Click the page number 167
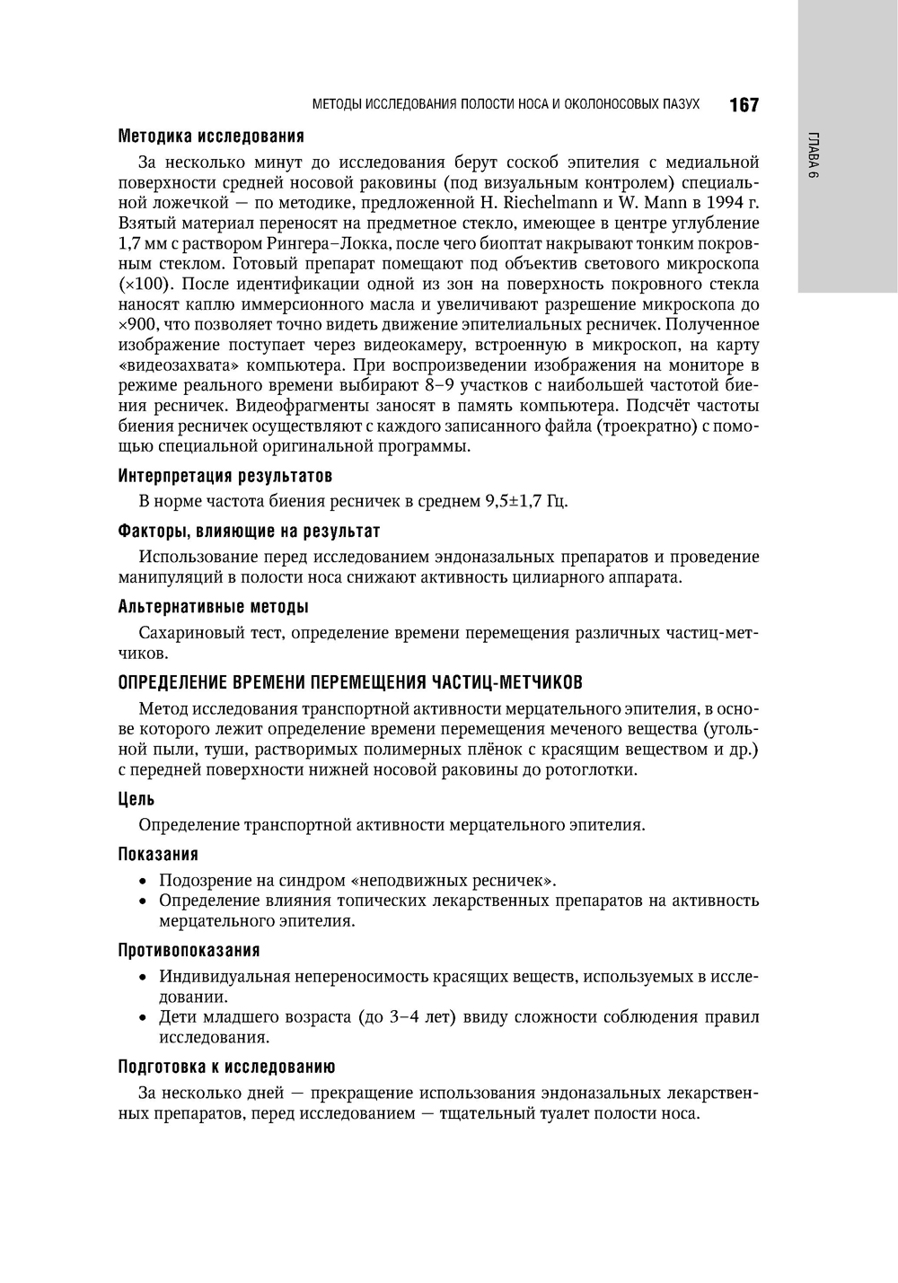(744, 105)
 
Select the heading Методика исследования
(211, 136)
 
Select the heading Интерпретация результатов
(225, 475)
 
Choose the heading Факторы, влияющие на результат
(249, 532)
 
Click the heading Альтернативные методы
(214, 607)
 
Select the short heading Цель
(136, 799)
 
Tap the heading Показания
(158, 854)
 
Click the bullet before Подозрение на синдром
(143, 880)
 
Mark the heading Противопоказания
(189, 950)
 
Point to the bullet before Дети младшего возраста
(143, 1017)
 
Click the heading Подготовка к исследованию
(226, 1067)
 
